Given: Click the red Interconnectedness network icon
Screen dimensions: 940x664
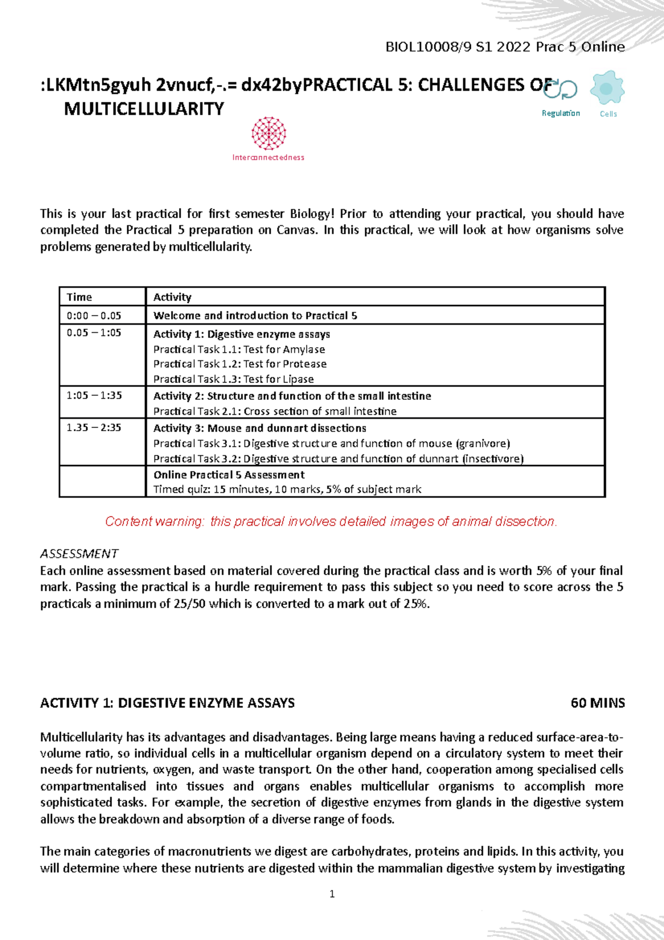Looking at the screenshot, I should pyautogui.click(x=269, y=133).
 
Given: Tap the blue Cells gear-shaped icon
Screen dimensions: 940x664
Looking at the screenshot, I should pyautogui.click(x=607, y=88).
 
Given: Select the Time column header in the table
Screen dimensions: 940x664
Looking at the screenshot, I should pyautogui.click(x=80, y=297).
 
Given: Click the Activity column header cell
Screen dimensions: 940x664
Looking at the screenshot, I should pyautogui.click(x=173, y=297).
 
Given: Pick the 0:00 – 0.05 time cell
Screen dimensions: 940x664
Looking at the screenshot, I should pyautogui.click(x=94, y=316).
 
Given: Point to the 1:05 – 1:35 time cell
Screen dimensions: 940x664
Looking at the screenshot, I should pyautogui.click(x=94, y=396).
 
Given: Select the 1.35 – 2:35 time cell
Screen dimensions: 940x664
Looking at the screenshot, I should pyautogui.click(x=94, y=428).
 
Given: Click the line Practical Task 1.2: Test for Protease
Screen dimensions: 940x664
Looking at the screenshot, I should pyautogui.click(x=240, y=364).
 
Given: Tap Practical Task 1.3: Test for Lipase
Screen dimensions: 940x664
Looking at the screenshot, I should pyautogui.click(x=234, y=379).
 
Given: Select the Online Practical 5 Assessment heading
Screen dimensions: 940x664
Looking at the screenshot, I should pyautogui.click(x=229, y=475).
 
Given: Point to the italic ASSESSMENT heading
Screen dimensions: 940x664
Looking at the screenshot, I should pyautogui.click(x=79, y=554).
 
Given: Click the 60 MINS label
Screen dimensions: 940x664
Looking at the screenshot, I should pyautogui.click(x=598, y=703).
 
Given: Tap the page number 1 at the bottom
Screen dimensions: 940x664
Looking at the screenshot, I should pyautogui.click(x=332, y=893).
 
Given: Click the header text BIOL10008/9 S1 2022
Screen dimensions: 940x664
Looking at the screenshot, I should pyautogui.click(x=458, y=47).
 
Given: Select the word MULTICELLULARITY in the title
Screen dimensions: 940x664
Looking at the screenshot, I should pyautogui.click(x=144, y=109).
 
